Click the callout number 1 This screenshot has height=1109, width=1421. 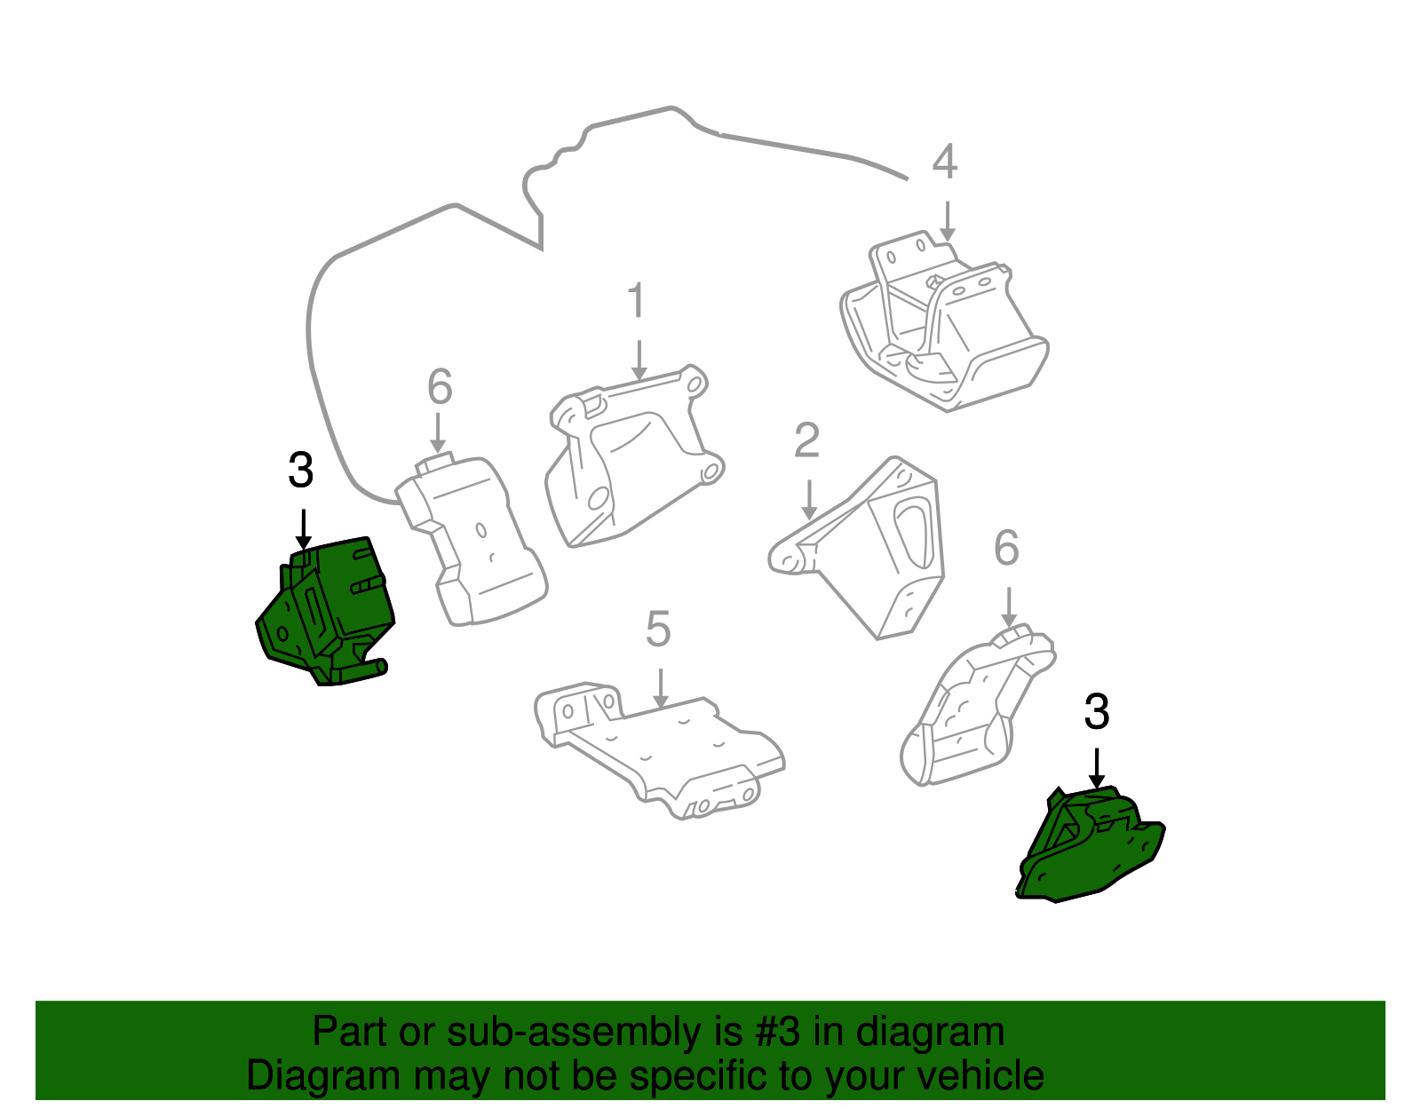(637, 302)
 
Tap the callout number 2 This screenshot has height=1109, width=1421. (806, 441)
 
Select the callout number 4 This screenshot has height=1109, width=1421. (945, 162)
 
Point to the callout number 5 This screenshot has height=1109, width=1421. (657, 630)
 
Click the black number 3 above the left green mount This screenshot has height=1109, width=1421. (301, 471)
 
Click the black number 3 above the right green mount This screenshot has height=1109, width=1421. (1097, 712)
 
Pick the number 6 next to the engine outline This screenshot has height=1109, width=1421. (440, 387)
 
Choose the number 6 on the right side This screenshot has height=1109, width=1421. (1006, 549)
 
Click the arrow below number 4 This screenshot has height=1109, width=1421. (947, 220)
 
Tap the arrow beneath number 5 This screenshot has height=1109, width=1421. (659, 688)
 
